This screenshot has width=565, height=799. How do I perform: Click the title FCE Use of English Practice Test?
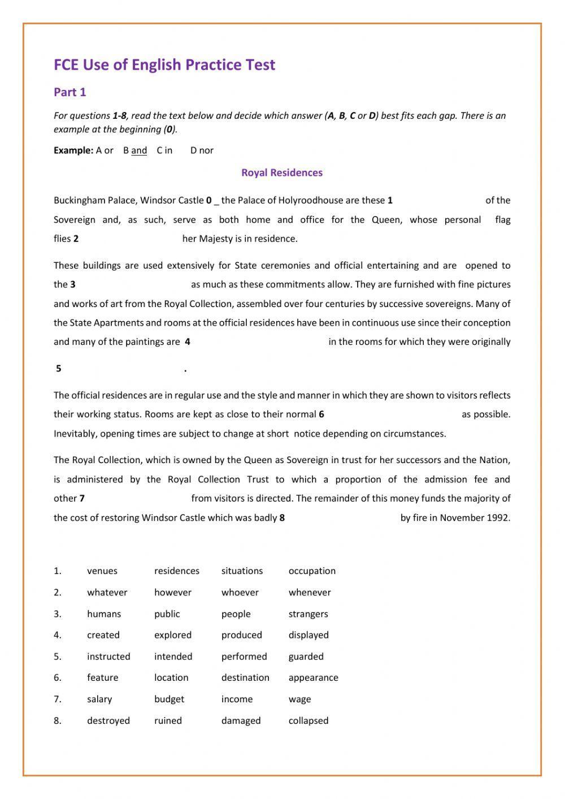coord(164,65)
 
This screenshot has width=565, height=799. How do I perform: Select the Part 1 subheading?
coord(69,92)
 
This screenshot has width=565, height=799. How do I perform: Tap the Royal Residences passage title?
coord(282,172)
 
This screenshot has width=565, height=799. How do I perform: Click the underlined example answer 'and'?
coord(139,150)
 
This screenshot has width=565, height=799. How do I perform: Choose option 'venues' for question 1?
coord(102,571)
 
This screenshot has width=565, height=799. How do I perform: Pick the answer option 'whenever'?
coord(310,593)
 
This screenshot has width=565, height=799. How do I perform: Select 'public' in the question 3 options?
coord(167,614)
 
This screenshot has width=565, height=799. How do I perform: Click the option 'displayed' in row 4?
coord(308,635)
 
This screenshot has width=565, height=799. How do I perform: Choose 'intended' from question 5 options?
coord(173,657)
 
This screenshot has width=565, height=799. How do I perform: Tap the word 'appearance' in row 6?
coord(313,677)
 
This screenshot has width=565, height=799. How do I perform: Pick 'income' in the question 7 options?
coord(237,699)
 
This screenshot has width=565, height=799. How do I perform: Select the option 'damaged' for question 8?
coord(241,720)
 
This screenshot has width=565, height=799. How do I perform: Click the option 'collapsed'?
coord(308,720)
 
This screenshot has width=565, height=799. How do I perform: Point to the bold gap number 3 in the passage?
coord(73,284)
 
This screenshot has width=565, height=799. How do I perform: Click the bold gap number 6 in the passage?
coord(321,414)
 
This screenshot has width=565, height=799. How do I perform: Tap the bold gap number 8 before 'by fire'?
coord(282,518)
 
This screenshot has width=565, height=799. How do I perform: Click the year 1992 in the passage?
coord(498,518)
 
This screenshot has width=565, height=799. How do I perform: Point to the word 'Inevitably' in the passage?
coord(75,434)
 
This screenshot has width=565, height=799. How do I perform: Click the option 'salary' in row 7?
coord(99,699)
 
